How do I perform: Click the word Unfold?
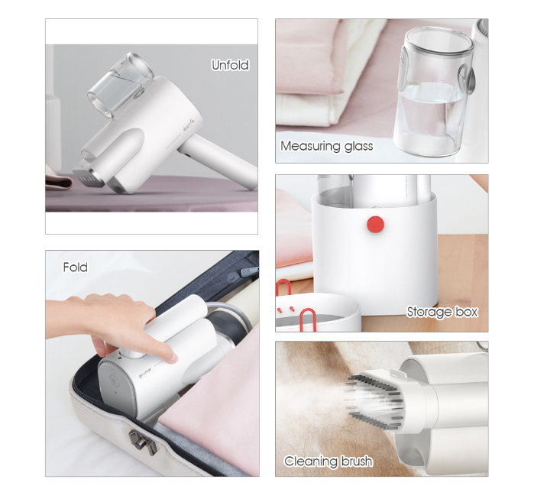pyautogui.click(x=230, y=65)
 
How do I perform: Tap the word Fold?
pyautogui.click(x=76, y=267)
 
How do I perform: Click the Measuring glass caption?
pyautogui.click(x=327, y=146)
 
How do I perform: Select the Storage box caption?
pyautogui.click(x=442, y=312)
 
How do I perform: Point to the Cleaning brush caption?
pyautogui.click(x=328, y=462)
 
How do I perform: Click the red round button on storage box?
pyautogui.click(x=376, y=225)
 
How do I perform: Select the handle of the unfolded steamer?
pyautogui.click(x=218, y=160)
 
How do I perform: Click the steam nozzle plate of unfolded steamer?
pyautogui.click(x=85, y=177)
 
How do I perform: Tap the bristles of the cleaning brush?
pyautogui.click(x=374, y=401)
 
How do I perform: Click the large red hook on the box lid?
pyautogui.click(x=307, y=319)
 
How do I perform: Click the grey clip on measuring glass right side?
pyautogui.click(x=467, y=81)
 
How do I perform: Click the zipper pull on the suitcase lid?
pyautogui.click(x=247, y=272)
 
